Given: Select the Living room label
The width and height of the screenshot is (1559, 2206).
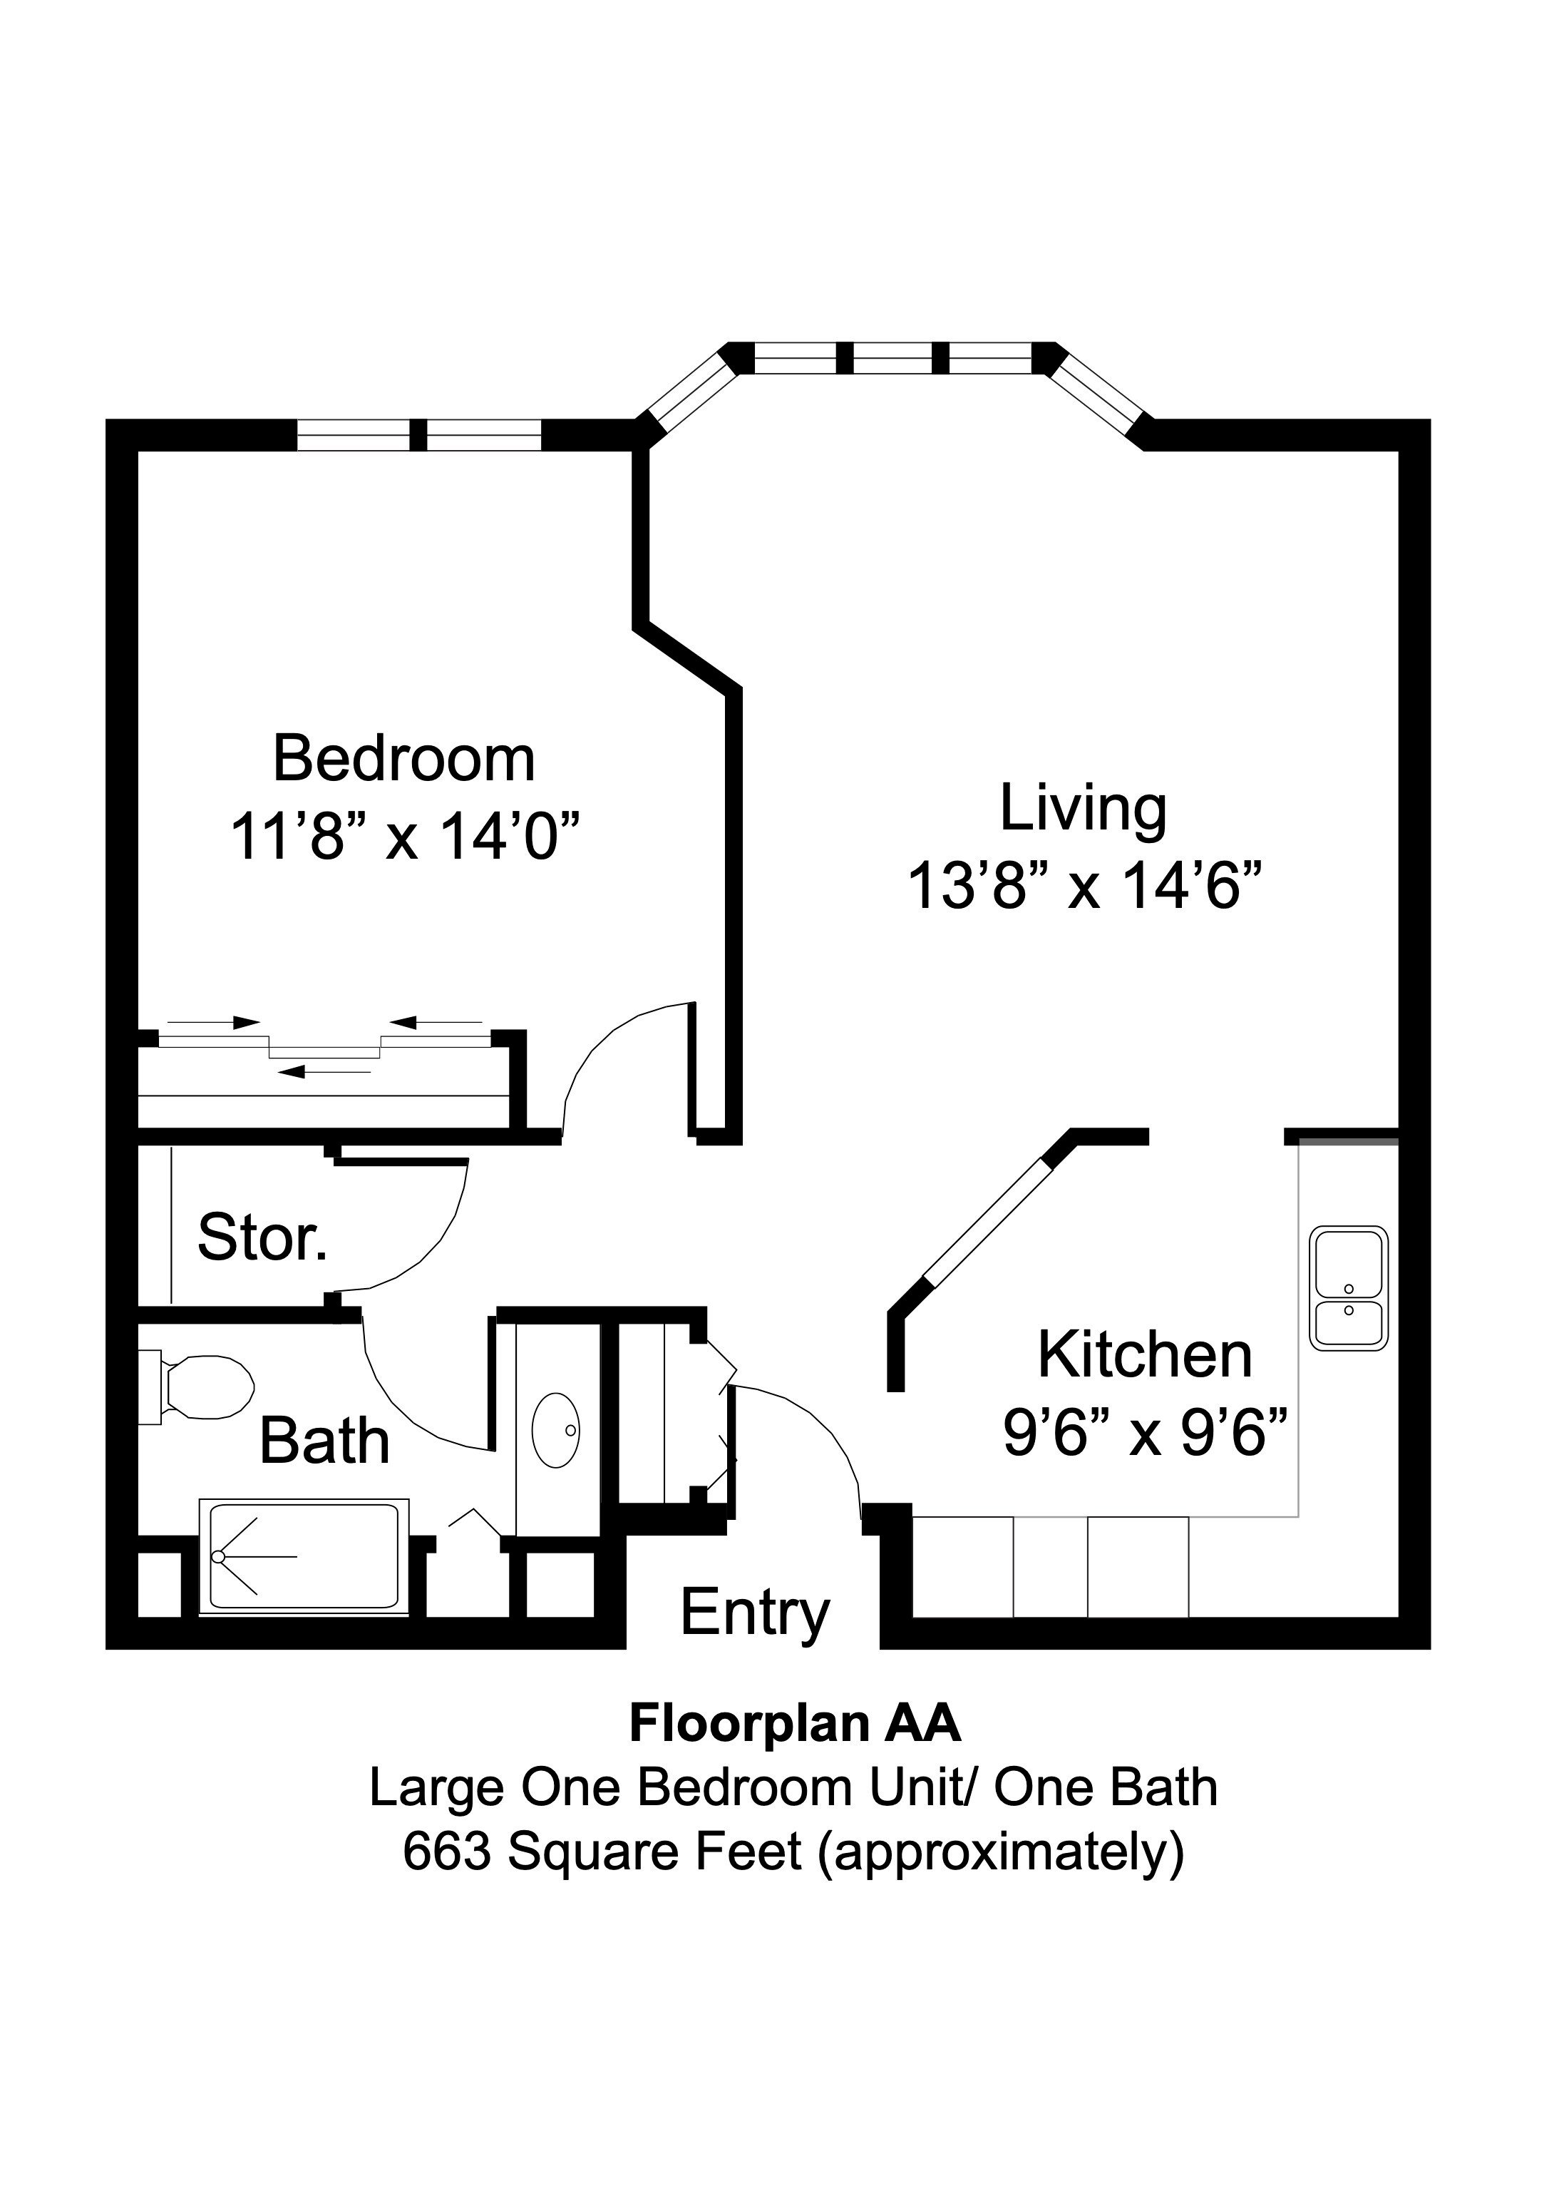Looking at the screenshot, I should [1083, 809].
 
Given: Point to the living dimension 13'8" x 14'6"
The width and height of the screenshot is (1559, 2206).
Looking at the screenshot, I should [1083, 886].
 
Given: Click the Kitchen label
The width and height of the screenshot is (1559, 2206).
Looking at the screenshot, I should [1144, 1356].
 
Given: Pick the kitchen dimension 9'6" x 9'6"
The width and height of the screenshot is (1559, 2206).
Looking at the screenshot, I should [1144, 1434].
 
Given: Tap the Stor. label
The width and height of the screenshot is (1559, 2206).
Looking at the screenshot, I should [262, 1237].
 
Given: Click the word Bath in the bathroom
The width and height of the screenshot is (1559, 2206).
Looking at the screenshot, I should [324, 1442].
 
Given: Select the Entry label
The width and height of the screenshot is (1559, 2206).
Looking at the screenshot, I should [754, 1613].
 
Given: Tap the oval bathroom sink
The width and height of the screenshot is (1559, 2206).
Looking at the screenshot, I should [556, 1431].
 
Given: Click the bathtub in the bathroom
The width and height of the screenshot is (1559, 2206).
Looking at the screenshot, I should [302, 1556].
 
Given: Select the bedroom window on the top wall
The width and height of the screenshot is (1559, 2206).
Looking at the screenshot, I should [419, 435].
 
